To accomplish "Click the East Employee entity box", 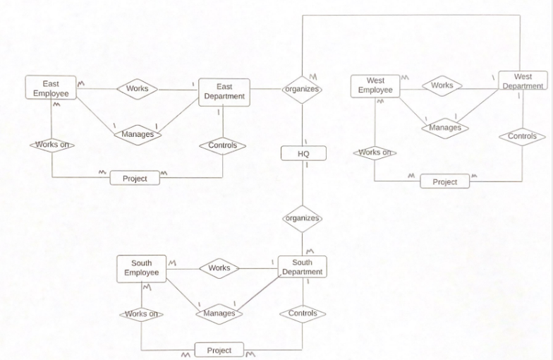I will [51, 88].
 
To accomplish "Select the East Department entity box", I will [224, 92].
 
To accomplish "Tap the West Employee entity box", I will [375, 86].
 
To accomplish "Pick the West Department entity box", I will [523, 80].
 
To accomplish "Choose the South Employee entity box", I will [142, 268].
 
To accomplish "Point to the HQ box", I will [303, 153].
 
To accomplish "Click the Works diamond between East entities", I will [137, 89].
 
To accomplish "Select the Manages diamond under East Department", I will [137, 133].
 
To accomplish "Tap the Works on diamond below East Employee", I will [51, 145].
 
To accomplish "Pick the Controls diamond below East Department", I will [223, 146].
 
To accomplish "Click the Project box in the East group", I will [135, 178].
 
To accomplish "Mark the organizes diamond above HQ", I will [302, 90].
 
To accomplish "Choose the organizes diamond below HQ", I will [302, 218].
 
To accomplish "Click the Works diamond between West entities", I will [442, 85].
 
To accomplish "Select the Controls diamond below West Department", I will [522, 136].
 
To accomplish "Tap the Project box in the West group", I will [444, 181].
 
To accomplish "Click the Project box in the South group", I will [219, 350].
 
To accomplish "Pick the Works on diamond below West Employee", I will [375, 152].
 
